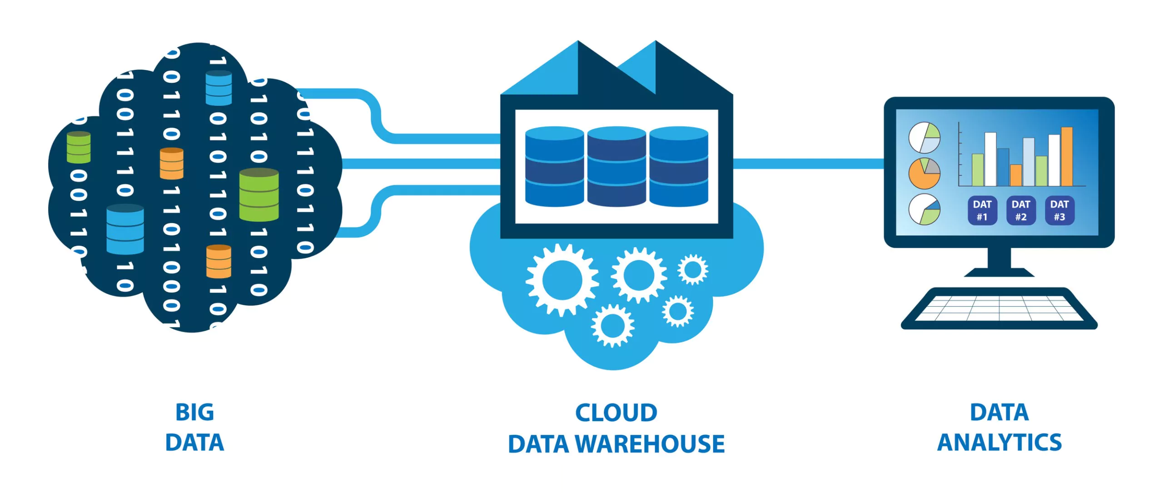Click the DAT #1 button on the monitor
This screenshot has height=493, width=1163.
pos(982,210)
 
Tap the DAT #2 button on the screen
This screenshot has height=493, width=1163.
pos(1020,210)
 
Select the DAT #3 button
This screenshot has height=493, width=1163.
pos(1059,210)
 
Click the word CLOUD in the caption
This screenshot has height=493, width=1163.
pos(616,413)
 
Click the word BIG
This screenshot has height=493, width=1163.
pos(194,413)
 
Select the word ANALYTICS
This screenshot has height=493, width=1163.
pos(999,443)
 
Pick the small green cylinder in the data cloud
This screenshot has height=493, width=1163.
pos(79,147)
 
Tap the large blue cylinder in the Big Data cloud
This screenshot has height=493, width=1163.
pos(125,229)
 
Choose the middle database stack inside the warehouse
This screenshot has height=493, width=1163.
pos(616,167)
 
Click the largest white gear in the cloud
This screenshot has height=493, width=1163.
pos(562,279)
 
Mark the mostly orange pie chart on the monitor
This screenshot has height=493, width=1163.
pos(924,174)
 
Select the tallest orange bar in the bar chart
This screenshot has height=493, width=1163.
pos(1067,157)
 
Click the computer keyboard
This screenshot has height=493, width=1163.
pos(999,309)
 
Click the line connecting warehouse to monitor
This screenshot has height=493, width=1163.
pos(809,164)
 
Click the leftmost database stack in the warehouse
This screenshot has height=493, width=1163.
pos(554,167)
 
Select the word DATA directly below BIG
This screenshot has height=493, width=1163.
pos(194,443)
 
